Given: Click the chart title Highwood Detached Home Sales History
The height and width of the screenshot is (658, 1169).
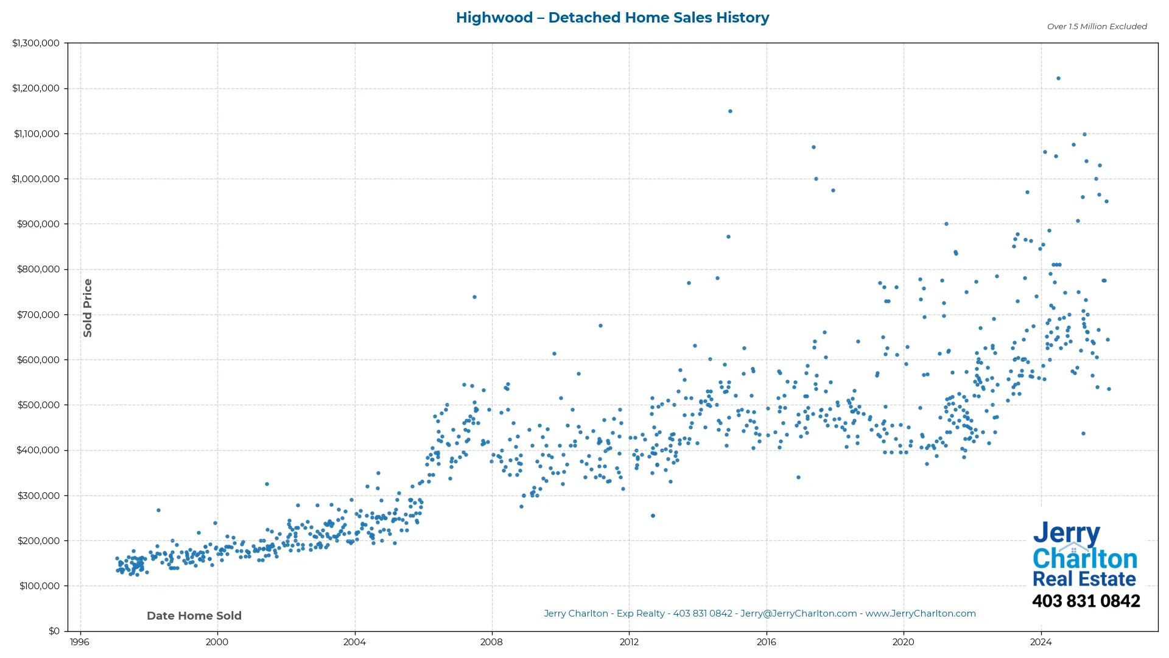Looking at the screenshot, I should (612, 18).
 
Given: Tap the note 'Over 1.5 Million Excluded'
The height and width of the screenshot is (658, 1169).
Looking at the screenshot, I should (1097, 27).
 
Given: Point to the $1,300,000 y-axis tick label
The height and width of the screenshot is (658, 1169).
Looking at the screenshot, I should (36, 43).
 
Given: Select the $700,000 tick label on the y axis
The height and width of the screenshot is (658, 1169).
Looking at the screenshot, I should (38, 315).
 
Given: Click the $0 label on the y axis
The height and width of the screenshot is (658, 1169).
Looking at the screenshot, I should (54, 631).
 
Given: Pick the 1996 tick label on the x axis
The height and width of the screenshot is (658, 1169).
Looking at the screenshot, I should (79, 642).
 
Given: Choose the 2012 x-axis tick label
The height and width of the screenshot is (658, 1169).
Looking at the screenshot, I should (629, 642).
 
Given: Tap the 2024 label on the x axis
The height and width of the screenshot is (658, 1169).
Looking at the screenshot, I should (1041, 642).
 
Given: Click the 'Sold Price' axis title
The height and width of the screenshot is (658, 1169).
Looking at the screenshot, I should (88, 308).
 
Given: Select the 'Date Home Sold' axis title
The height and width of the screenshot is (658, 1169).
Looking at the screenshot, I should (194, 616).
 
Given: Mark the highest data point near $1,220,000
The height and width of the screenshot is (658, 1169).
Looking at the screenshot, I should (1058, 79).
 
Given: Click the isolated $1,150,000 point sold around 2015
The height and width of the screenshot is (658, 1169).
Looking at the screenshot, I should (730, 111).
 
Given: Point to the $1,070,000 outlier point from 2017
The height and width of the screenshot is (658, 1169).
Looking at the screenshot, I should (813, 147).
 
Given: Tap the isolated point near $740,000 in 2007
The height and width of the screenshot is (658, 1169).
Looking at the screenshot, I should (474, 297).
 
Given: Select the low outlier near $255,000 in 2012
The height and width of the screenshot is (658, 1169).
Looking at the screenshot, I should (653, 516).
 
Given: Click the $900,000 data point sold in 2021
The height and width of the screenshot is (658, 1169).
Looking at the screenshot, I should (946, 224).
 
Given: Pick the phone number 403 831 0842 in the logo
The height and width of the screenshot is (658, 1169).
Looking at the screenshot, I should (1086, 601).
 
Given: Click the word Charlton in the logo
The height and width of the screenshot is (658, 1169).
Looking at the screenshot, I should (1084, 559).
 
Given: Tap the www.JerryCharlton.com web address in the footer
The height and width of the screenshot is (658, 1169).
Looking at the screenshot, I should (921, 614).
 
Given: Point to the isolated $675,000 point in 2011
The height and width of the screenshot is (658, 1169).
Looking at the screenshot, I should (600, 326).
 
